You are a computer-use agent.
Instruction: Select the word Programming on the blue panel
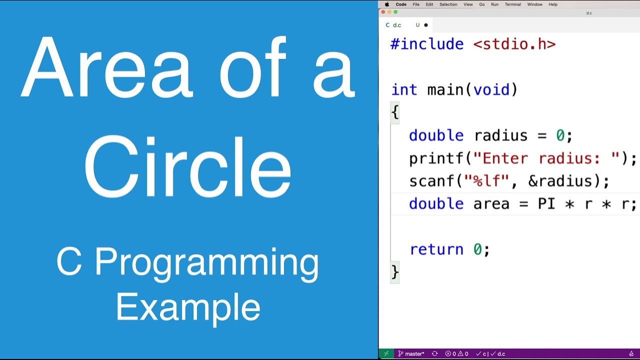207,263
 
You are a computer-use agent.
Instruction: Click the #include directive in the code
426,44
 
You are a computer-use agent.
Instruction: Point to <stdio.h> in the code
514,44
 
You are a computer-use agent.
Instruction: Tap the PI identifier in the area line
546,204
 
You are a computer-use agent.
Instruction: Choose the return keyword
436,249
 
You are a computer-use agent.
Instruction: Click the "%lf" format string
492,181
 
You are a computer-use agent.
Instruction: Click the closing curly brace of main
395,272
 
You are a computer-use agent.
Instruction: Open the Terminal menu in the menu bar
512,4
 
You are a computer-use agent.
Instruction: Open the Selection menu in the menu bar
448,4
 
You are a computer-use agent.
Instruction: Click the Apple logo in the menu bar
387,4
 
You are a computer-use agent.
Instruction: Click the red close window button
384,12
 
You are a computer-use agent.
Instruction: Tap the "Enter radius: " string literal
546,158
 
